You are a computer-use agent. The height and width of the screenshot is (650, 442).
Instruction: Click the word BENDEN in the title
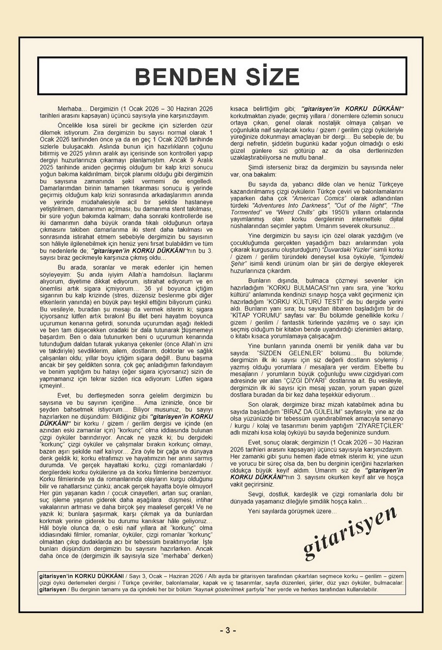pyautogui.click(x=179, y=77)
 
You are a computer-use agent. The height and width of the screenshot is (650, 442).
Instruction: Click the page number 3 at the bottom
pyautogui.click(x=227, y=630)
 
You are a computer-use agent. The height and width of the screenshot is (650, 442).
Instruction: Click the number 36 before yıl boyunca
pyautogui.click(x=147, y=289)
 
